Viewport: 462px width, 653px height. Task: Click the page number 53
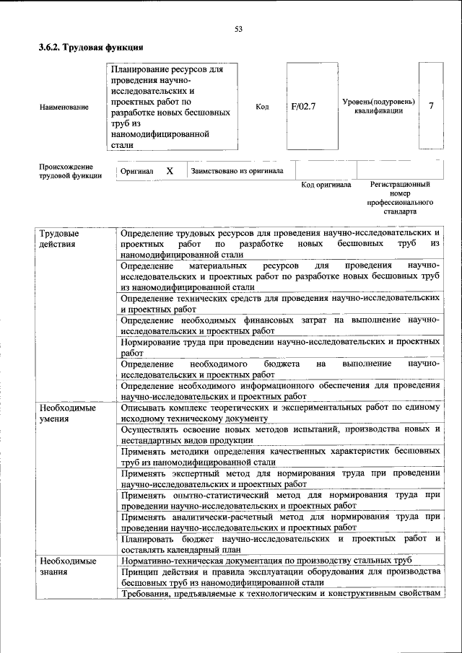coord(238,30)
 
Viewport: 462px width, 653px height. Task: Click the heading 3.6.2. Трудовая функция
coord(91,48)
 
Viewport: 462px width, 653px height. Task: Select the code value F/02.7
coord(304,107)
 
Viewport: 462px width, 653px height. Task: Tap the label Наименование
coord(65,108)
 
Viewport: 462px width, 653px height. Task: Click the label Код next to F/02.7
coord(262,107)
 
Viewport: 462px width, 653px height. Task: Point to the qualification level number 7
coord(431,106)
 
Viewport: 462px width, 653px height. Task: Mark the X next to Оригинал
coord(170,171)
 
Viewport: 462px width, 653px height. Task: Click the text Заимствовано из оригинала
coord(237,171)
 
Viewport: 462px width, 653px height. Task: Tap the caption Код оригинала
coord(326,185)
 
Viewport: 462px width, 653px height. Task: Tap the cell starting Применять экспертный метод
coord(279,478)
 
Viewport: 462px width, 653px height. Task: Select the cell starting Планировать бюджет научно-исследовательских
coord(279,543)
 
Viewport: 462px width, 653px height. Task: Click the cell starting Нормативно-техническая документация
coord(266,561)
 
